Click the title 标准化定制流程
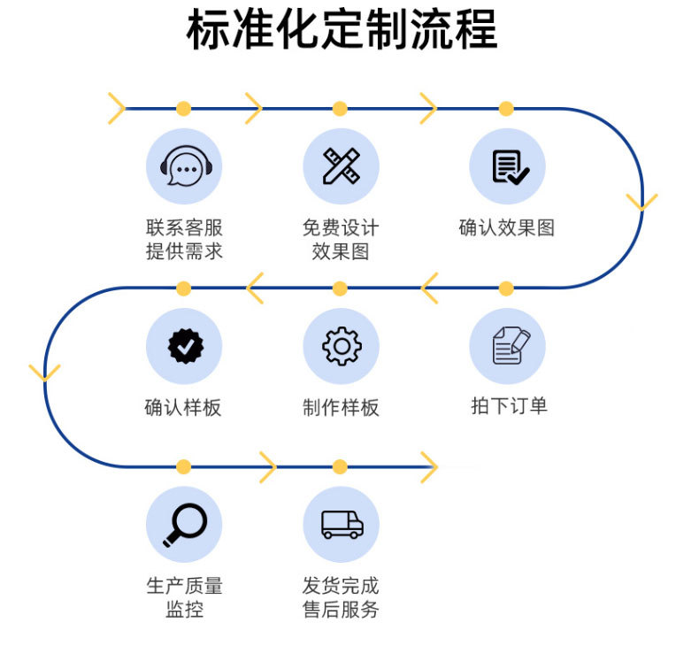click(x=342, y=31)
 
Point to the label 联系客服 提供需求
click(x=184, y=239)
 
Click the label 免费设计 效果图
click(x=341, y=239)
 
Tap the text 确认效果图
click(x=507, y=227)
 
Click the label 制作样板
click(x=341, y=407)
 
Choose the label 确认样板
click(x=183, y=407)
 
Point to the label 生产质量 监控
click(x=184, y=596)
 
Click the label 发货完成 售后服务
click(x=341, y=596)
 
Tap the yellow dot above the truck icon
click(x=340, y=466)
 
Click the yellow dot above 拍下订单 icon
click(x=506, y=288)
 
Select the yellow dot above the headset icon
click(x=183, y=109)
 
